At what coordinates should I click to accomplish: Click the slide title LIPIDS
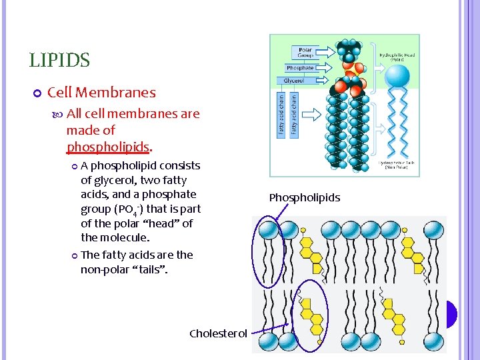point(59,61)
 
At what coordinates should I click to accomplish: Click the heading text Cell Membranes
point(101,93)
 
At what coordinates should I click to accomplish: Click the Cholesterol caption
point(218,333)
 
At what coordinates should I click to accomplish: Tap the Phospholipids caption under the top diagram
point(305,197)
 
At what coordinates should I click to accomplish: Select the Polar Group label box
point(305,51)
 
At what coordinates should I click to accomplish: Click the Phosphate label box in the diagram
point(300,68)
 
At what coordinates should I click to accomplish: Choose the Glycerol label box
point(294,81)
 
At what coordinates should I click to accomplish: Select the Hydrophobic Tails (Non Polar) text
point(398,165)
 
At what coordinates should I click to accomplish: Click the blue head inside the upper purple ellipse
point(269,230)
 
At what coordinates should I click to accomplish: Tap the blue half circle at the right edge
point(452,314)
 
